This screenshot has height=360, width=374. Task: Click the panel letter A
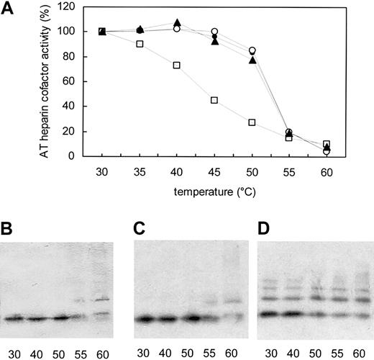click(8, 8)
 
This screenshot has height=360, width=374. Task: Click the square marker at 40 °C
click(176, 65)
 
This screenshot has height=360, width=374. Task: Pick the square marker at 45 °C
click(214, 100)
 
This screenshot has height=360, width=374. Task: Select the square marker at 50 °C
click(252, 122)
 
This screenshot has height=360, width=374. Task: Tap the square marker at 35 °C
click(139, 44)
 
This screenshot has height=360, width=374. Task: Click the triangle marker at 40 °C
click(177, 23)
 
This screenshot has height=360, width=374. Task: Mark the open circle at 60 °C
click(327, 151)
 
